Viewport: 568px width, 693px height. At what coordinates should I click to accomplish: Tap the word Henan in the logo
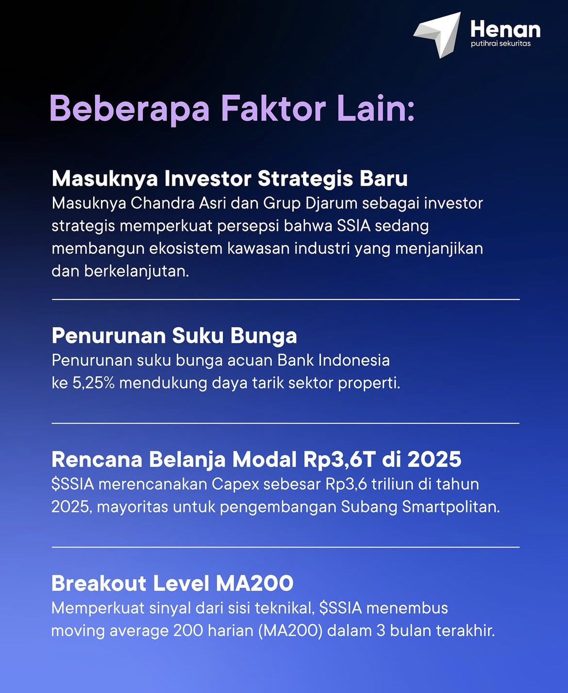pos(505,30)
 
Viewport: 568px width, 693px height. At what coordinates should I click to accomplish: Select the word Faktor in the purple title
pos(273,108)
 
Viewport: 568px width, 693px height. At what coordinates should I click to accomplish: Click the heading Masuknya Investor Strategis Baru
pos(230,179)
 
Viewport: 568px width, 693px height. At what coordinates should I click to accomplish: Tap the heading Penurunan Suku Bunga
pos(174,335)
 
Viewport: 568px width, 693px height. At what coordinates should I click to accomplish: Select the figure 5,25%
pos(93,383)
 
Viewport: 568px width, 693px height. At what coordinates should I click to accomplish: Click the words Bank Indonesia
pos(334,361)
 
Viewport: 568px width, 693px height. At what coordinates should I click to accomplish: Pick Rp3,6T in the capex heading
pos(339,460)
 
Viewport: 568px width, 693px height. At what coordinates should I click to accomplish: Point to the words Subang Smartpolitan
pos(420,507)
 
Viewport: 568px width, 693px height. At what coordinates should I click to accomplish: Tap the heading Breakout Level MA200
pos(172,583)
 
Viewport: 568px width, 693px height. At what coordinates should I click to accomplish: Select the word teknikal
pos(283,608)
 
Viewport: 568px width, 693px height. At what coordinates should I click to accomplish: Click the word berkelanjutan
pos(136,271)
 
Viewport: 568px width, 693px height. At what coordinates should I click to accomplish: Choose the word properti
pos(369,383)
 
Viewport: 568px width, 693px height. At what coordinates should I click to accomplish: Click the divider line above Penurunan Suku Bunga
pos(285,299)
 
